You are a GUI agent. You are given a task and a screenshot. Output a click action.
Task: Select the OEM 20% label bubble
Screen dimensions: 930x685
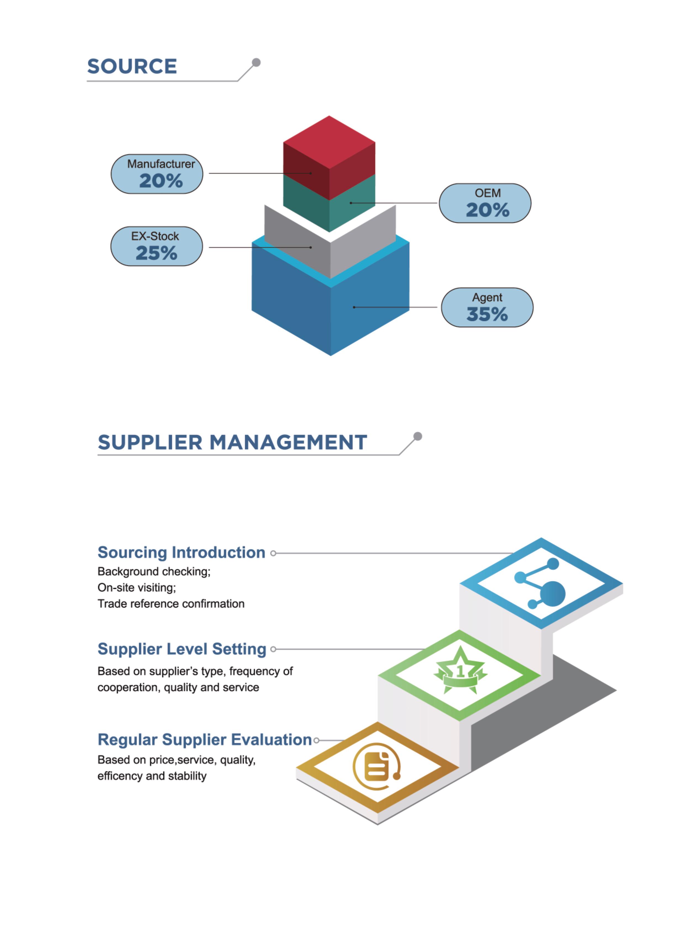click(485, 203)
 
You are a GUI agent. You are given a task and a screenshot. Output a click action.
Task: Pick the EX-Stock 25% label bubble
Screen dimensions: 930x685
click(156, 246)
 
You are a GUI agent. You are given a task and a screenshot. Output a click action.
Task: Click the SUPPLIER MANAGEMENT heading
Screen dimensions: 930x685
click(232, 442)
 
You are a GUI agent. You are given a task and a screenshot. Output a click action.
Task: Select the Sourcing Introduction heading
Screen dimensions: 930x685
click(181, 552)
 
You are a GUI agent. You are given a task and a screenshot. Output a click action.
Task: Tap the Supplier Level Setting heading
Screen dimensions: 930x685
click(182, 649)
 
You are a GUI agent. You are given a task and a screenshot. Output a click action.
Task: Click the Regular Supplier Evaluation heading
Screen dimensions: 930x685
click(204, 740)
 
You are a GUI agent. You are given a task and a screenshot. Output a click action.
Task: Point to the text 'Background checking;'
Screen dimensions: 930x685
click(154, 571)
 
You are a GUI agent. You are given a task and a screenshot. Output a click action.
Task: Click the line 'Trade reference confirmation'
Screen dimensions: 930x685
click(171, 604)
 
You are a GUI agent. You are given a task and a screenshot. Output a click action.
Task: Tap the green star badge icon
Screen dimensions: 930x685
click(460, 670)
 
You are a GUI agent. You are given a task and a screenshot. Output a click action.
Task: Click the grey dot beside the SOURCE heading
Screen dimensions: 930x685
click(256, 62)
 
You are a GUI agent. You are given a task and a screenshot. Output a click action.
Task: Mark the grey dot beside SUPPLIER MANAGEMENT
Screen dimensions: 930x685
click(418, 436)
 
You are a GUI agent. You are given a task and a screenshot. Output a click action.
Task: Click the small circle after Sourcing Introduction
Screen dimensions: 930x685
click(273, 553)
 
